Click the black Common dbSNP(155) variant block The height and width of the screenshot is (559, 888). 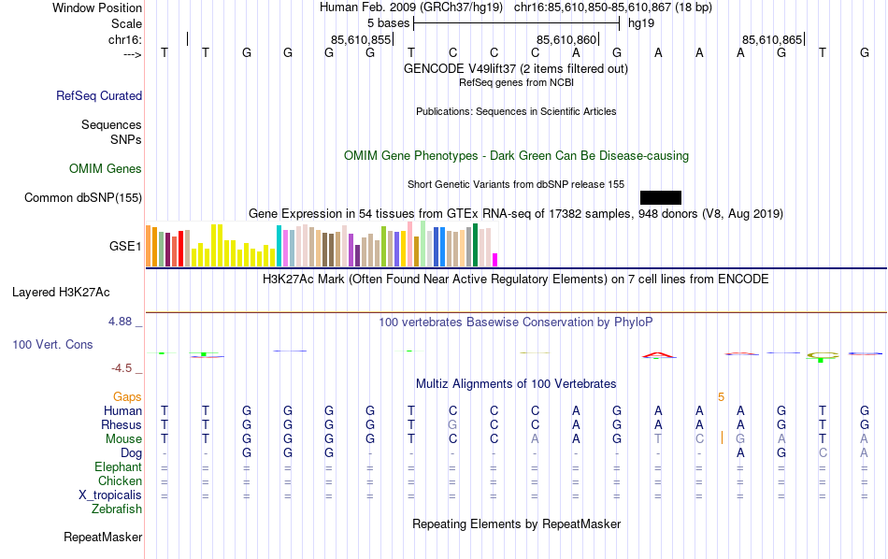661,197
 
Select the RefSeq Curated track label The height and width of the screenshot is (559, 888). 99,95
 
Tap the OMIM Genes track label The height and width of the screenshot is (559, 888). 106,169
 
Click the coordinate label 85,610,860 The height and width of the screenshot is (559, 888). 566,39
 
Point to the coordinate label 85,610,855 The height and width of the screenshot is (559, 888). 361,39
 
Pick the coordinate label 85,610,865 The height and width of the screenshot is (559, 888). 771,39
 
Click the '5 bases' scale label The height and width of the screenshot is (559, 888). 388,22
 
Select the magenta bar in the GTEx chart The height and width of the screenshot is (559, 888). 495,259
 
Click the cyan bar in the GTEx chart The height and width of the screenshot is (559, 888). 279,246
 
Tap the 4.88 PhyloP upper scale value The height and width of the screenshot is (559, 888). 124,322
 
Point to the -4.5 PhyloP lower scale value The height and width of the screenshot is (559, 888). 127,368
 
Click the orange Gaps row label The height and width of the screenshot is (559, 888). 127,397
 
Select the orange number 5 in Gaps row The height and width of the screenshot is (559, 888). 721,397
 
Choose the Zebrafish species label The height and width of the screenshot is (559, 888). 117,509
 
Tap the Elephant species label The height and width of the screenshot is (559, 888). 118,467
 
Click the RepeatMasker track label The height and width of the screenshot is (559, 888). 103,537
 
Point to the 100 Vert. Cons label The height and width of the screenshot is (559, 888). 52,345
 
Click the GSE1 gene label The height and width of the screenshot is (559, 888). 125,247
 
